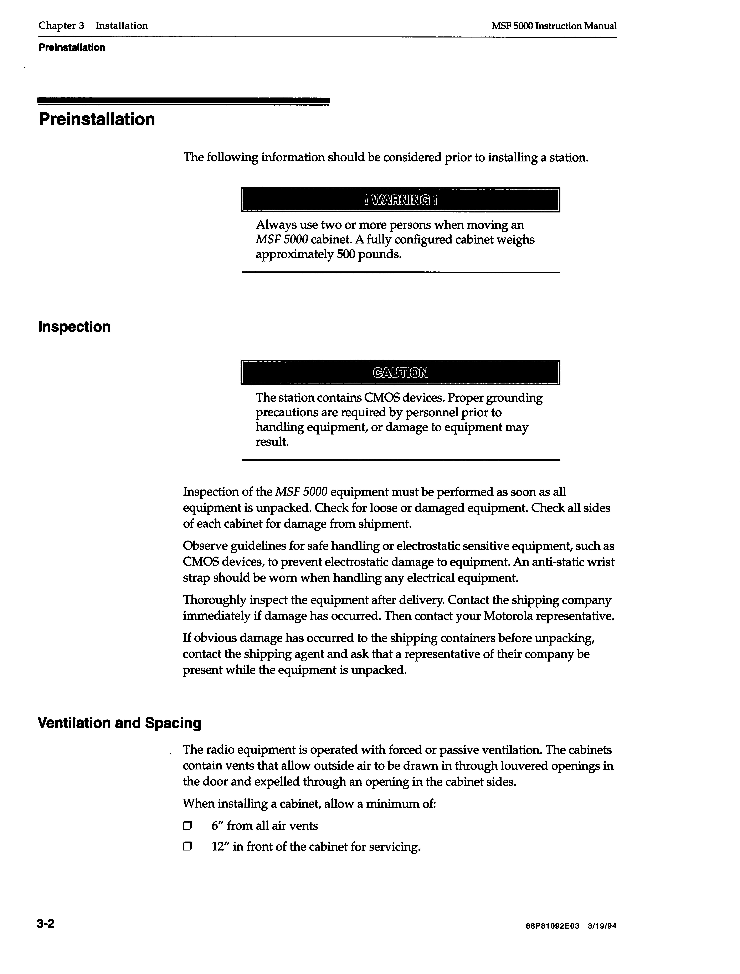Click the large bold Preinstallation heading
(97, 119)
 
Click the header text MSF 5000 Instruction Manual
(554, 26)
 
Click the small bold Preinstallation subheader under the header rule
(72, 48)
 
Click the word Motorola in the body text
(508, 616)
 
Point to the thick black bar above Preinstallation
(184, 101)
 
